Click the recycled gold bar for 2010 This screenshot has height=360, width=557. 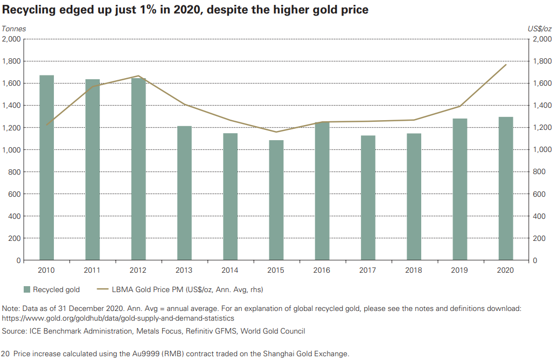coord(46,168)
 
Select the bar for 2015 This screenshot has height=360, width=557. coord(276,200)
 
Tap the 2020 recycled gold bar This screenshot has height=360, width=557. coord(506,189)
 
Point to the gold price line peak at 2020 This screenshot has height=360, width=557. coord(506,65)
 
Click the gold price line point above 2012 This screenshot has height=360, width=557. coord(138,76)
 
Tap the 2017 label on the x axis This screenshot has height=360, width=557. coord(368,269)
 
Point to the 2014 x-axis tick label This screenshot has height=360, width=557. coord(230,269)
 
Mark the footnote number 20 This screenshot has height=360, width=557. coord(6,354)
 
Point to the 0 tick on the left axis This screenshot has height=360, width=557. coord(18,261)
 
